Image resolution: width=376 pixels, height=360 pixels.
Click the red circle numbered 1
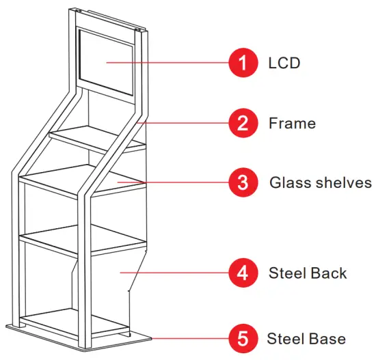pyautogui.click(x=241, y=64)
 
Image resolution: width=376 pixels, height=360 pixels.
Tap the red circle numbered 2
pyautogui.click(x=241, y=123)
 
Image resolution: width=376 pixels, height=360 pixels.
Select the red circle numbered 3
pyautogui.click(x=241, y=182)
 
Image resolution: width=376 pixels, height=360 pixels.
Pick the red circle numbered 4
pyautogui.click(x=241, y=273)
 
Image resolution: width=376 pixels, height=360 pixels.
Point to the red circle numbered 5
pyautogui.click(x=241, y=338)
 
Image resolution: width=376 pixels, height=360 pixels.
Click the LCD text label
pyautogui.click(x=284, y=64)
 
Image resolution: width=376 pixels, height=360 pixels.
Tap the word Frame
pyautogui.click(x=292, y=123)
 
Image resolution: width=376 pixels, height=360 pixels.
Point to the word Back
pyautogui.click(x=328, y=273)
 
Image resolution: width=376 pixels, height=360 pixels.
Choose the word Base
pyautogui.click(x=327, y=338)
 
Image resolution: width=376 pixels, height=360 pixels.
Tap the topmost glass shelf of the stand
pyautogui.click(x=96, y=137)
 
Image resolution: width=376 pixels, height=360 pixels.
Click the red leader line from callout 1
pyautogui.click(x=178, y=64)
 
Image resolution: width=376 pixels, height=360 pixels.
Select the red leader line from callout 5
pyautogui.click(x=191, y=338)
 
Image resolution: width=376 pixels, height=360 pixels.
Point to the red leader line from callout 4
pyautogui.click(x=178, y=273)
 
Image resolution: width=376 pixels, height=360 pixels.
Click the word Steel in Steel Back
pyautogui.click(x=288, y=273)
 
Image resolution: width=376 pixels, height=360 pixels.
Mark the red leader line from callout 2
pyautogui.click(x=188, y=123)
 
